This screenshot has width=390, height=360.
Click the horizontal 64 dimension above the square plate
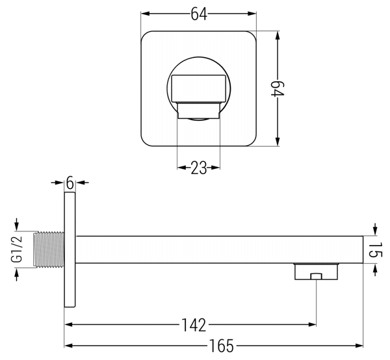pos(199,14)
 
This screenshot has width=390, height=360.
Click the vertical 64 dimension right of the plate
pos(278,89)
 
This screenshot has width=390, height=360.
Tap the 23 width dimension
pos(199,168)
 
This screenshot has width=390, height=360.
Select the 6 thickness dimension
pos(70,183)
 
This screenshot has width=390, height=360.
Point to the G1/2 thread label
pos(17,250)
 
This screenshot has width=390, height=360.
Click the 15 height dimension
pos(374,250)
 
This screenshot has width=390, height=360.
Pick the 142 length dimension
pos(194,325)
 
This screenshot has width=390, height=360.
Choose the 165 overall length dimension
pos(222,346)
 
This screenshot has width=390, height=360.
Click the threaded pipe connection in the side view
pos(49,250)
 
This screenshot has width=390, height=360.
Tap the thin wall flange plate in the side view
pos(70,250)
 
